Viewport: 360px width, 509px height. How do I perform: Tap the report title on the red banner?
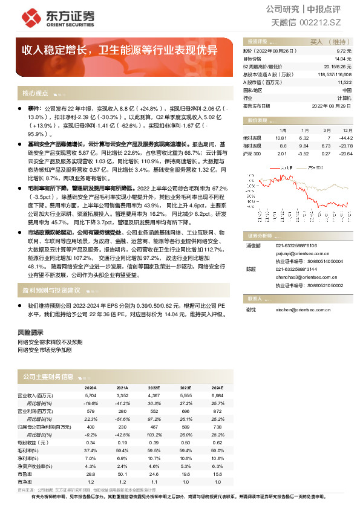click(120, 50)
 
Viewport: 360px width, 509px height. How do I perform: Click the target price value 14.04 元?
click(342, 59)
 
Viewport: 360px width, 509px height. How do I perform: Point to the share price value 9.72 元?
click(343, 51)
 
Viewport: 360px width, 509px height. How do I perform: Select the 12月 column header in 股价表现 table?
click(347, 130)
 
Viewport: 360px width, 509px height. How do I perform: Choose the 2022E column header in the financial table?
click(154, 388)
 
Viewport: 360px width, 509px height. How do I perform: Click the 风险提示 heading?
click(30, 332)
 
